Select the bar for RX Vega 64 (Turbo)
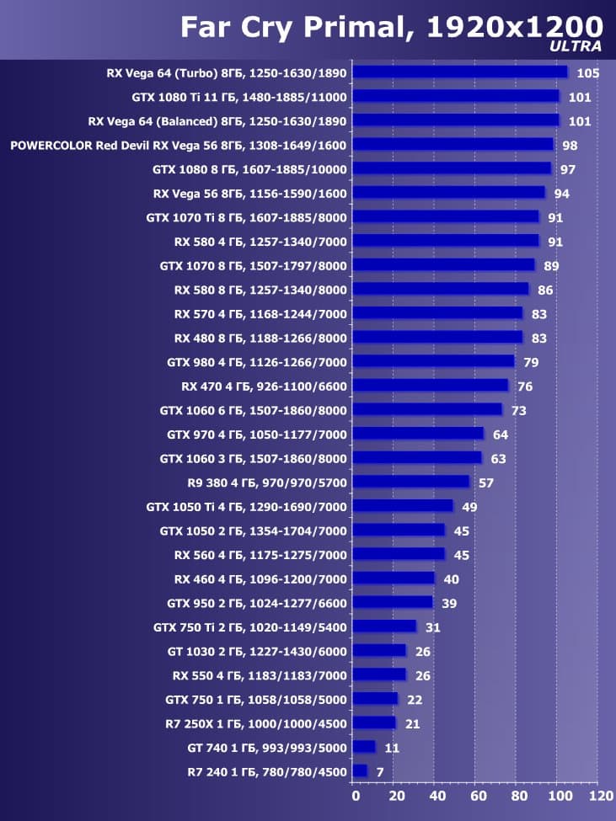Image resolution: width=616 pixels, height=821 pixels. tap(460, 72)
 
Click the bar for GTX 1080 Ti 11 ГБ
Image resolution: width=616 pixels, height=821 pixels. tap(456, 96)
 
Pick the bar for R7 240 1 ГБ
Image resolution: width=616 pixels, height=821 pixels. tap(360, 770)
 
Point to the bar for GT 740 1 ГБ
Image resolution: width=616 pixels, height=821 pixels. tap(364, 747)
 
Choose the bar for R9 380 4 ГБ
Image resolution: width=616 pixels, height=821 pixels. tap(411, 482)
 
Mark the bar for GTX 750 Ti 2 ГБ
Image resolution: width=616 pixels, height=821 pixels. tap(384, 626)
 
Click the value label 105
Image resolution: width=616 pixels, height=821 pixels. tap(587, 73)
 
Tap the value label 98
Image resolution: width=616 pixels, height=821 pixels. tap(570, 146)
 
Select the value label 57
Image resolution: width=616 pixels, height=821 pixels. tap(485, 482)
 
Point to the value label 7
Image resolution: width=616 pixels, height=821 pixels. tap(380, 771)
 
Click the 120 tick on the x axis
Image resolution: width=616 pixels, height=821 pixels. tap(600, 795)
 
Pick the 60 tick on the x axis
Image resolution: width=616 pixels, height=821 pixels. tap(477, 795)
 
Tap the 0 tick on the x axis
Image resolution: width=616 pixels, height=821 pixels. tap(356, 795)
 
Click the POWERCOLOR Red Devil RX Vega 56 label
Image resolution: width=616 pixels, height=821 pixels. tap(178, 145)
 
